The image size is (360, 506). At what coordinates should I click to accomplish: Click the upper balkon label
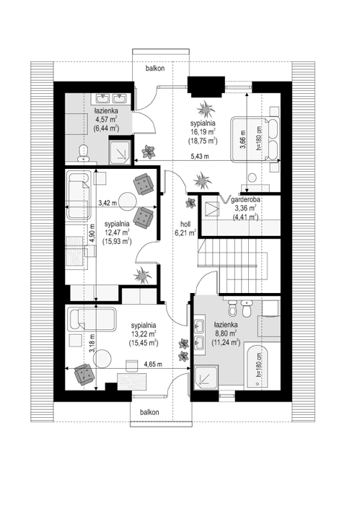click(155, 68)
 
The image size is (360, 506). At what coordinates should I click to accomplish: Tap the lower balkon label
click(149, 412)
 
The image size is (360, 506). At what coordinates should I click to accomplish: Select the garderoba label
click(245, 199)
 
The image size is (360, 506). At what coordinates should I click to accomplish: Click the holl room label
click(185, 224)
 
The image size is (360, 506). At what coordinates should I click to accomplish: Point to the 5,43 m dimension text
click(200, 157)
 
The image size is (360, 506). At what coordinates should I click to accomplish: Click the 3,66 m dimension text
click(243, 139)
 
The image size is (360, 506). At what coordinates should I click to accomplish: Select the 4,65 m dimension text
click(153, 365)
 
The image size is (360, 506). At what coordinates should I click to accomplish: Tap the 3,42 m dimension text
click(107, 203)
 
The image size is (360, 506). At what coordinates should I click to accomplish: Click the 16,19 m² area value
click(203, 131)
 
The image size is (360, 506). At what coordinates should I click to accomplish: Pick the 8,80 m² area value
click(226, 333)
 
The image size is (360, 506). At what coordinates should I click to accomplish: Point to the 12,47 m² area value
click(117, 232)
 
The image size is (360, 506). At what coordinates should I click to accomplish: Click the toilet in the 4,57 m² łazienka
click(84, 153)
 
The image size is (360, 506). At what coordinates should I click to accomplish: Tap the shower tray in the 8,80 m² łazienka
click(206, 378)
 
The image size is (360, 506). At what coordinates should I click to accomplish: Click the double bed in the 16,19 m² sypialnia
click(255, 139)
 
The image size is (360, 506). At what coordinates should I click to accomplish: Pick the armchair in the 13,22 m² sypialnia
click(84, 374)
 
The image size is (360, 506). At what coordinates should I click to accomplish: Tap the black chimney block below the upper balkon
click(206, 86)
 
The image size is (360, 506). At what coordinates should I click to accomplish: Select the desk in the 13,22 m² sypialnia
click(131, 381)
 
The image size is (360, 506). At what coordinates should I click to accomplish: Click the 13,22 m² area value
click(144, 333)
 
